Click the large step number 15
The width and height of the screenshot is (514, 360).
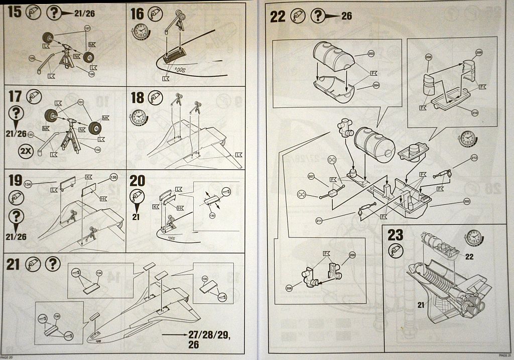(x=15, y=12)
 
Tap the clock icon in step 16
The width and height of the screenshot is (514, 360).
(x=141, y=33)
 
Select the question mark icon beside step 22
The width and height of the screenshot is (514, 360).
(x=318, y=16)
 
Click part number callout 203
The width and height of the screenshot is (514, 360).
(x=371, y=54)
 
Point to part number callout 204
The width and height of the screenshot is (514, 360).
(x=376, y=85)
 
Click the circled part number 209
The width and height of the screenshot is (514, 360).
(x=478, y=52)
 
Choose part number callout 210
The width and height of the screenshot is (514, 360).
(x=475, y=113)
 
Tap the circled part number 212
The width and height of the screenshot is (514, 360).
(x=474, y=159)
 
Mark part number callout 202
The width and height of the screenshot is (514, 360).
(x=468, y=202)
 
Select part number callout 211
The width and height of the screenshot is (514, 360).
(x=319, y=220)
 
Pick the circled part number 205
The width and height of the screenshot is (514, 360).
(x=351, y=255)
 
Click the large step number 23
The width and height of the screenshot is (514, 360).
(x=396, y=234)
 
